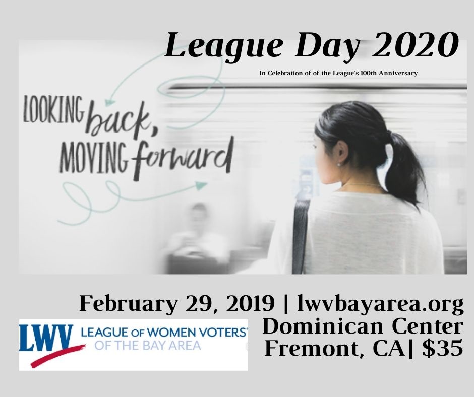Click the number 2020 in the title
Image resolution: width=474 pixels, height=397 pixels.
(x=414, y=46)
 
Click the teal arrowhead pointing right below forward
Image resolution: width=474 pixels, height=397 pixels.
(x=201, y=185)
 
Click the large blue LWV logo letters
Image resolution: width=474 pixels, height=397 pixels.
(x=46, y=338)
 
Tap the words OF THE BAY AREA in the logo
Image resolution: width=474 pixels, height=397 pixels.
(x=148, y=345)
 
